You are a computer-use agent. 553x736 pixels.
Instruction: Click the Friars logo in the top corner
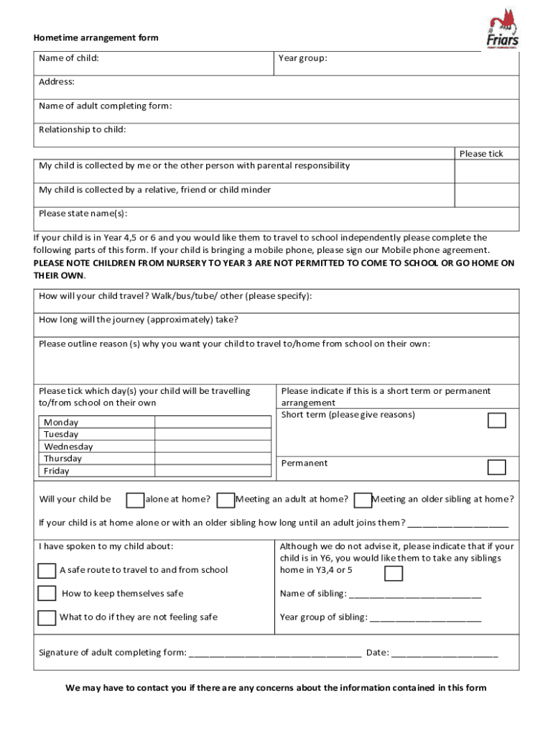pos(503,29)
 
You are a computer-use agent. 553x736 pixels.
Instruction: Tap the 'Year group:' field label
pos(302,58)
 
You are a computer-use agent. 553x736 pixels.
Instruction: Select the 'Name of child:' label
pos(69,58)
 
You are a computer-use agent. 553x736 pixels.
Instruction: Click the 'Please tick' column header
pos(481,154)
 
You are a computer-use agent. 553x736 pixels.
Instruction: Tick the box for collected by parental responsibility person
pos(486,171)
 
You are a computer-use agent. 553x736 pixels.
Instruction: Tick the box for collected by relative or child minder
pos(486,195)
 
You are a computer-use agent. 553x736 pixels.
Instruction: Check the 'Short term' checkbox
pos(496,420)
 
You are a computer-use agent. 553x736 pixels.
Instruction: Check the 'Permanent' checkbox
pos(496,467)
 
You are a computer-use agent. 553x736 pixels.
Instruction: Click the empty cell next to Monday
pos(213,423)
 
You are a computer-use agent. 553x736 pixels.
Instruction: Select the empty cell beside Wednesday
pos(213,447)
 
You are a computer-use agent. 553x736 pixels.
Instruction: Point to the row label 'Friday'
pos(57,471)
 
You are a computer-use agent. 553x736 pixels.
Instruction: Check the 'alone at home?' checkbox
pos(134,500)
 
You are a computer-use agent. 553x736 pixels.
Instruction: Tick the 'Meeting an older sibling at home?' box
pos(363,500)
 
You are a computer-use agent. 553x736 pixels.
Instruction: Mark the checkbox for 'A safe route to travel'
pos(47,571)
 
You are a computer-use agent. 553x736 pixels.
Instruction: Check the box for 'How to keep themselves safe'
pos(47,594)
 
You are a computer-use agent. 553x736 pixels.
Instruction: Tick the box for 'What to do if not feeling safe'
pos(47,617)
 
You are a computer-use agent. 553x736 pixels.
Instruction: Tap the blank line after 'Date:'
pos(445,653)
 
